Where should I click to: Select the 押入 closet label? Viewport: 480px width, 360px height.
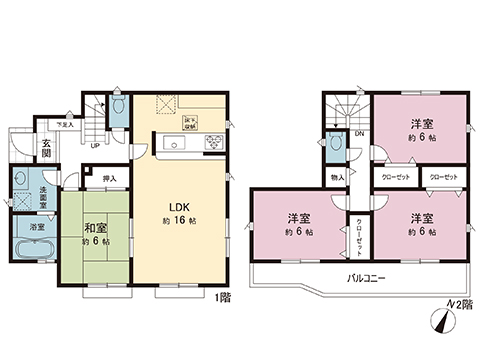tap(109, 179)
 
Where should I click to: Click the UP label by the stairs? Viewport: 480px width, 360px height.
tap(93, 146)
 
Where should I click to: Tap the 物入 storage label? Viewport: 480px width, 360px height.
tap(337, 177)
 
